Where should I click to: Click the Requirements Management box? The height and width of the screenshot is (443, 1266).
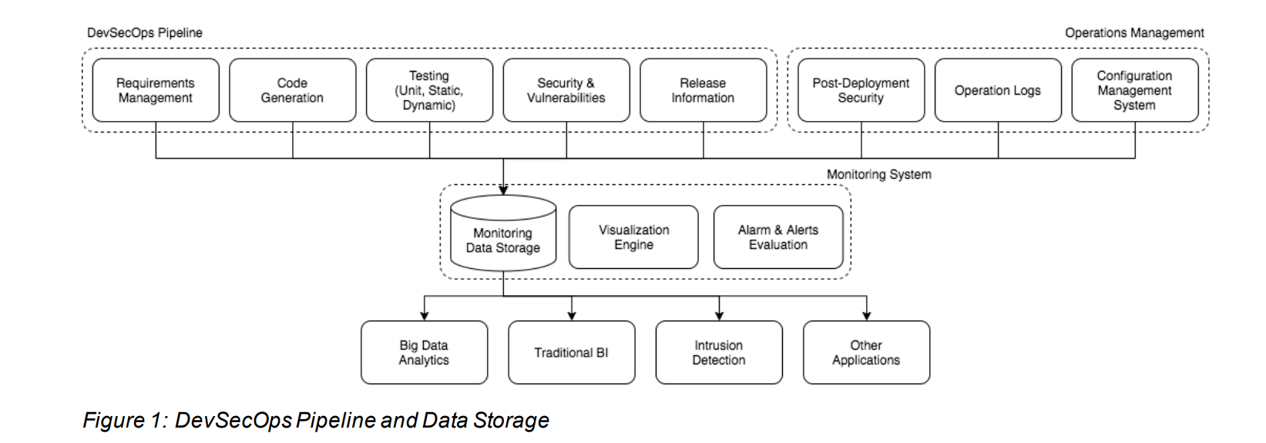coord(156,90)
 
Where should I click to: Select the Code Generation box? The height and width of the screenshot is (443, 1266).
coord(293,90)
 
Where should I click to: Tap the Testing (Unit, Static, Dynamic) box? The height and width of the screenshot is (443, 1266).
coord(429,90)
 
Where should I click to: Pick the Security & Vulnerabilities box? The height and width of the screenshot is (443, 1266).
coord(566,90)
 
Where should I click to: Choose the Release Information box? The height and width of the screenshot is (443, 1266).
coord(703,90)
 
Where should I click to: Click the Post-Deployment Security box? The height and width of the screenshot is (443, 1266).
coord(861,90)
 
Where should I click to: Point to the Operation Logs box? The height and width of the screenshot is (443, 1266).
coord(998,90)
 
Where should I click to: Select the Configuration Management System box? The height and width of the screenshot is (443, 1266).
coord(1135,90)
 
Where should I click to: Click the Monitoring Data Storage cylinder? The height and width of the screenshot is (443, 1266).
coord(503,233)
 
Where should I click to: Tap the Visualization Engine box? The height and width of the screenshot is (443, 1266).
coord(633,237)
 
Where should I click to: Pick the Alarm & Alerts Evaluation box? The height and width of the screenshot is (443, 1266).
coord(778,237)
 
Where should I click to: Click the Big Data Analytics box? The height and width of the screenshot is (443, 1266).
coord(425,353)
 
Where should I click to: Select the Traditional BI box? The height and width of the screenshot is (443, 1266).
coord(572,353)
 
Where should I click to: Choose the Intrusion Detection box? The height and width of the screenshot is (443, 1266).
coord(719,353)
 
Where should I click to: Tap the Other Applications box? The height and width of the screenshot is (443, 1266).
coord(866,353)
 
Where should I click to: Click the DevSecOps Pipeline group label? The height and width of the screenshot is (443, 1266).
coord(145,33)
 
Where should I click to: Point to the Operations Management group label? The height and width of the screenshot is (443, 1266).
coord(1134,33)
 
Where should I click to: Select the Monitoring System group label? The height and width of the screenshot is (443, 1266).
coord(879,175)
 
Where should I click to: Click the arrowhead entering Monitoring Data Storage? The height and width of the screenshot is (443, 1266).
coord(503,190)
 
